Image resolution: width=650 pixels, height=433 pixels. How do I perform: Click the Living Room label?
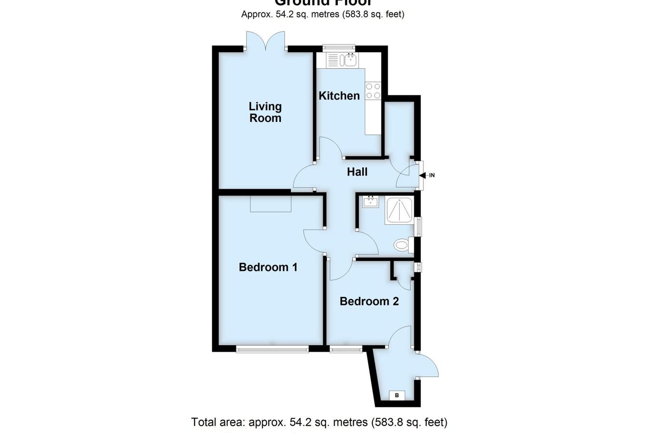click(x=265, y=112)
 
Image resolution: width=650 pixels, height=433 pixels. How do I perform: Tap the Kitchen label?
click(x=339, y=96)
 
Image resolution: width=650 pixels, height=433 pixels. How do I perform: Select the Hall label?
click(x=357, y=172)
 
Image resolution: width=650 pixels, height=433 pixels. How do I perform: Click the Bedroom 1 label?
click(x=268, y=267)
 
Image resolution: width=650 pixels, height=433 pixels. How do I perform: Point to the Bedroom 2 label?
click(x=369, y=302)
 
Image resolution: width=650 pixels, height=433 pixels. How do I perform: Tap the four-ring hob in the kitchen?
click(x=373, y=91)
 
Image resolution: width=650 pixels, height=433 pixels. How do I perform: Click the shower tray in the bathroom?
click(x=399, y=211)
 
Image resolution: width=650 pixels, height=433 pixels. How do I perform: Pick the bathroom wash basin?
click(x=370, y=202)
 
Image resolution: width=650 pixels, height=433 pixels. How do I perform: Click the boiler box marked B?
click(x=396, y=395)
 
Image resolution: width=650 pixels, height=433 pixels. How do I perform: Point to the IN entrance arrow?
click(x=424, y=175)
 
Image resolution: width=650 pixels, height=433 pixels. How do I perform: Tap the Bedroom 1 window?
click(x=272, y=349)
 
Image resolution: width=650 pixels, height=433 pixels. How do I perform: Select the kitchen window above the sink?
click(x=338, y=46)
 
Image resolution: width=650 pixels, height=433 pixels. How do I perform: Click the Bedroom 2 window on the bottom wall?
click(x=346, y=349)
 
